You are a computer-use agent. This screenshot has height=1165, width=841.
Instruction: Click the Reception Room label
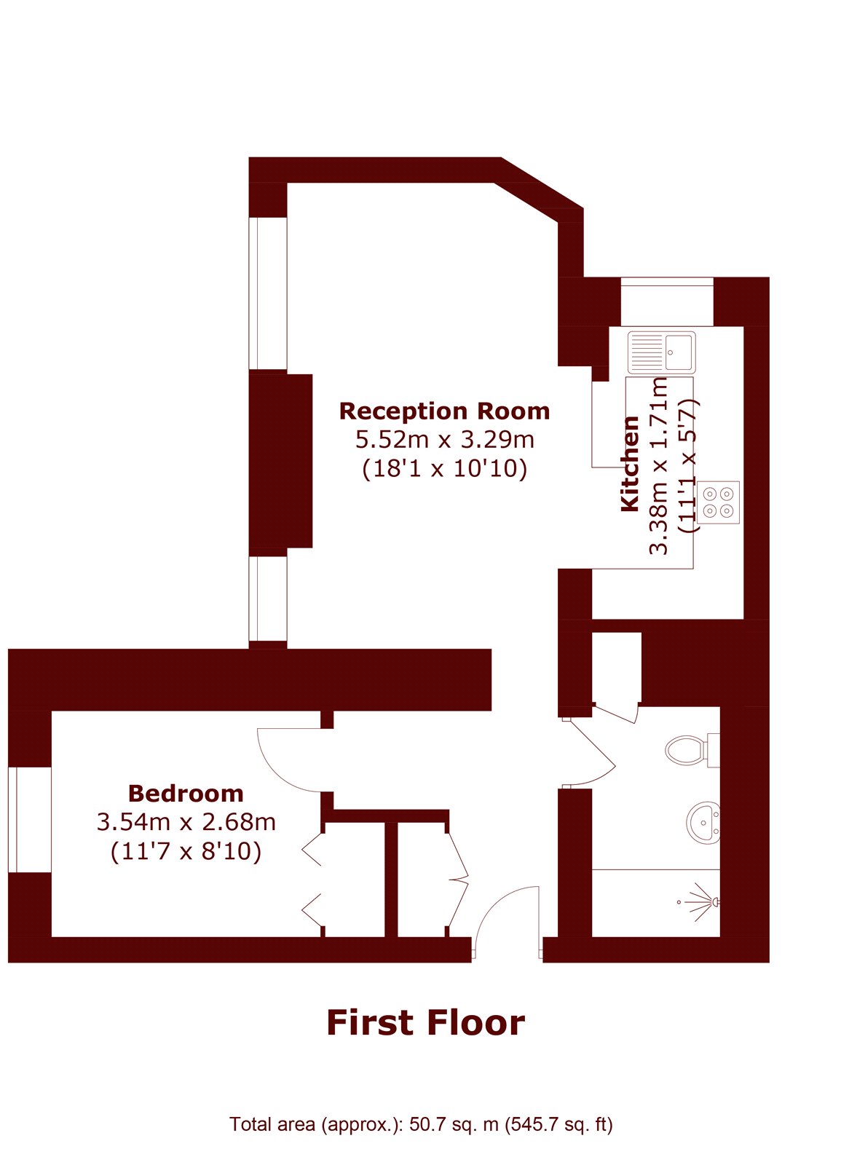point(444,411)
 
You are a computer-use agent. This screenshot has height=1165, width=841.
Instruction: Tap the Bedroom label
point(186,794)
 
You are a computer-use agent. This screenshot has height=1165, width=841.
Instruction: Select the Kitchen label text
point(630,463)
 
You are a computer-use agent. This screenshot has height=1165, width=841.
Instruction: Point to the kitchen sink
point(662,352)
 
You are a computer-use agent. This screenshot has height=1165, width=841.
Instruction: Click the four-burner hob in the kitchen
point(718,502)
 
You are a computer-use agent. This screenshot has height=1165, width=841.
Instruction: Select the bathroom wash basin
point(703,823)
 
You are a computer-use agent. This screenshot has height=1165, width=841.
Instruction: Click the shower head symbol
point(701,902)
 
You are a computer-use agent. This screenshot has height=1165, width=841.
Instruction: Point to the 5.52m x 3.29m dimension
point(445,440)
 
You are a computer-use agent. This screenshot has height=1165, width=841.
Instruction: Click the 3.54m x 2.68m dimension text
point(186,822)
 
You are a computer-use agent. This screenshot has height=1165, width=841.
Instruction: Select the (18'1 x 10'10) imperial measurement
point(445,469)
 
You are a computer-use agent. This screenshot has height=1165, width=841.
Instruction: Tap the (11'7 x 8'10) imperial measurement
point(186,851)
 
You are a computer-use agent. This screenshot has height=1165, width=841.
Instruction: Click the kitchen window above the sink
point(667,301)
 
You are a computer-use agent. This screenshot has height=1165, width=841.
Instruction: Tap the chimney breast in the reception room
point(281,460)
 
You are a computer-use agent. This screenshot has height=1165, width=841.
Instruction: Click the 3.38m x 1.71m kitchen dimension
point(659,465)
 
